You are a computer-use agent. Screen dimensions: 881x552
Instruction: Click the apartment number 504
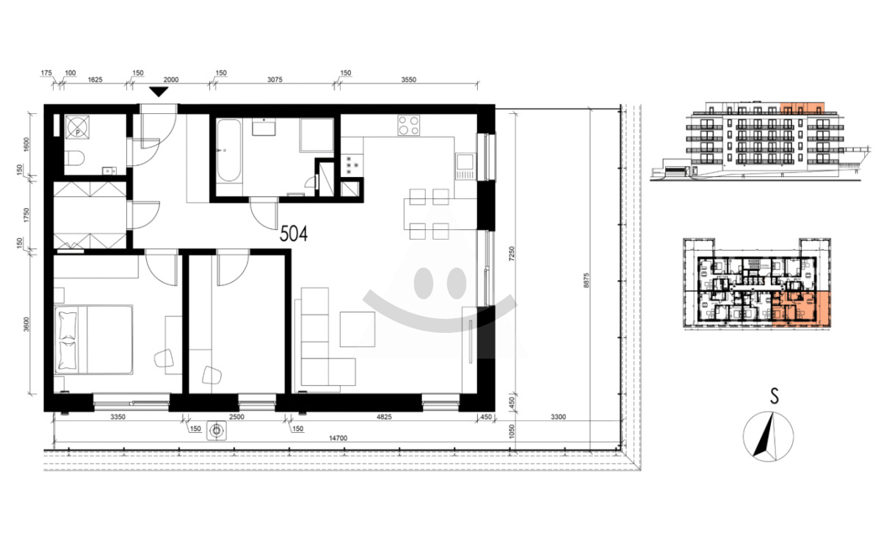click(294, 234)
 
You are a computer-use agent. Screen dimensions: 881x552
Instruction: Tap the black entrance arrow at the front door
click(159, 92)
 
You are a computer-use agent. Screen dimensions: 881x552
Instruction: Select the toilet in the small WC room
click(74, 158)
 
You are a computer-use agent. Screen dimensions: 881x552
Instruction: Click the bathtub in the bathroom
click(228, 151)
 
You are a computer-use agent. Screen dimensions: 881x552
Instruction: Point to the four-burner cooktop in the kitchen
click(408, 125)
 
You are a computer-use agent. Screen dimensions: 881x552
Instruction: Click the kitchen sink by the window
click(465, 167)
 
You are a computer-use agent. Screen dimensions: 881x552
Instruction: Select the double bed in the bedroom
click(94, 340)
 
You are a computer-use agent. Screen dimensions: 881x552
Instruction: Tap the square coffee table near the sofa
click(358, 329)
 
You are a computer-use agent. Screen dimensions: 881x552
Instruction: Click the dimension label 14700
click(338, 438)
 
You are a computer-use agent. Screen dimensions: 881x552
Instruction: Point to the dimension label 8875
click(587, 281)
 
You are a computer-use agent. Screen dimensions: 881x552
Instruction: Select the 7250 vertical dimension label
click(511, 254)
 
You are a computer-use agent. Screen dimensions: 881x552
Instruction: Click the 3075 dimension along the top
click(275, 79)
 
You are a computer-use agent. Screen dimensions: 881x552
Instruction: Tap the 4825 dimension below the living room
click(384, 417)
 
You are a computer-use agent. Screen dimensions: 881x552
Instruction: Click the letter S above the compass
click(775, 396)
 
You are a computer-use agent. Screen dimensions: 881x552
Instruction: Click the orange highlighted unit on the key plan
click(801, 309)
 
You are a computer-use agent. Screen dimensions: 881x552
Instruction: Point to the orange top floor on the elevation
click(802, 108)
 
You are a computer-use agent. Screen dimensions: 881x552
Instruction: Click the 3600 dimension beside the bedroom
click(26, 324)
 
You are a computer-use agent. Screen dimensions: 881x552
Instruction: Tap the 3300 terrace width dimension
click(558, 417)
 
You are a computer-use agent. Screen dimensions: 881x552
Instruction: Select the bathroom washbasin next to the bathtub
click(264, 129)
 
